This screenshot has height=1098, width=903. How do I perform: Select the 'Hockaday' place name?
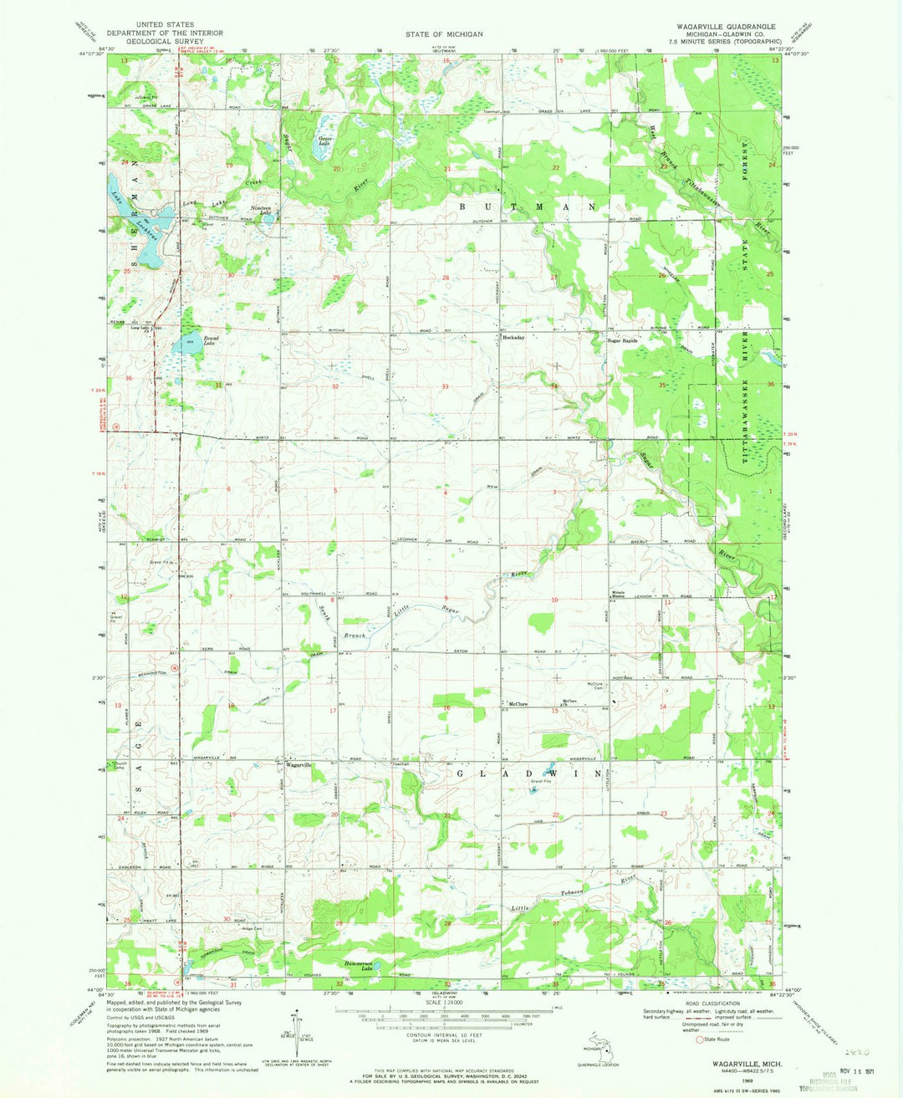click(x=513, y=338)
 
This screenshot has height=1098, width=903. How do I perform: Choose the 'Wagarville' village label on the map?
click(x=298, y=765)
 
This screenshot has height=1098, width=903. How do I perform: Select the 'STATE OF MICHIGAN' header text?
click(x=444, y=34)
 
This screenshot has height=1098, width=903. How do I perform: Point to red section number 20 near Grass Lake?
click(x=336, y=169)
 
